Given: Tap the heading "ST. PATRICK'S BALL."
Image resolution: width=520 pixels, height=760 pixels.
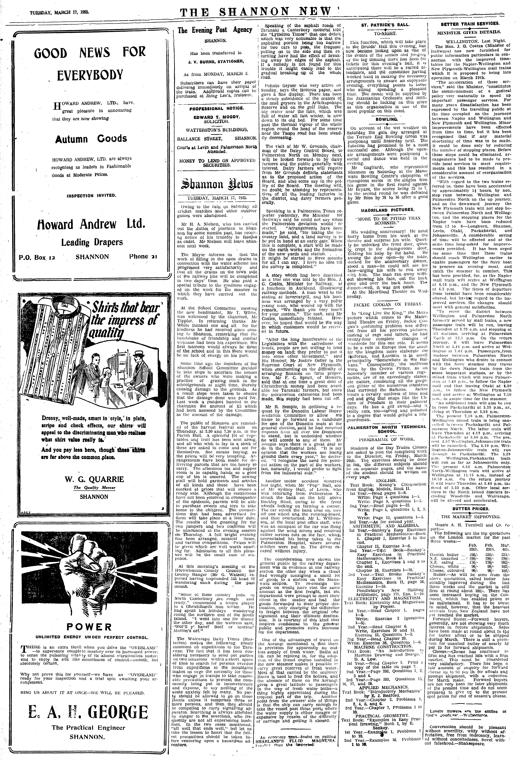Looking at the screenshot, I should (384, 26).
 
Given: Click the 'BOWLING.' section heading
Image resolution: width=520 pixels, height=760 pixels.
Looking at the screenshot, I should (384, 120).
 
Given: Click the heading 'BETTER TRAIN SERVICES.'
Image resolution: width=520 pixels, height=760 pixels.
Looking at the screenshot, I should (470, 24).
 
